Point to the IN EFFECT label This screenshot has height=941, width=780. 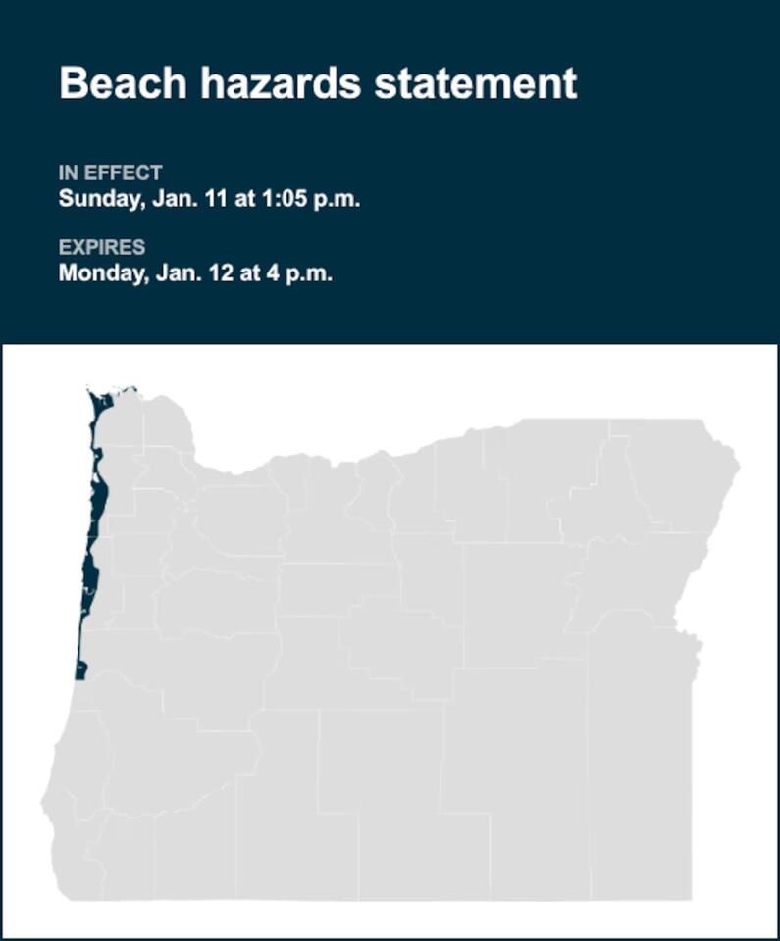(110, 173)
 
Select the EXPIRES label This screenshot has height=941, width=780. (101, 247)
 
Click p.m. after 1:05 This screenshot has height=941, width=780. (334, 199)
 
